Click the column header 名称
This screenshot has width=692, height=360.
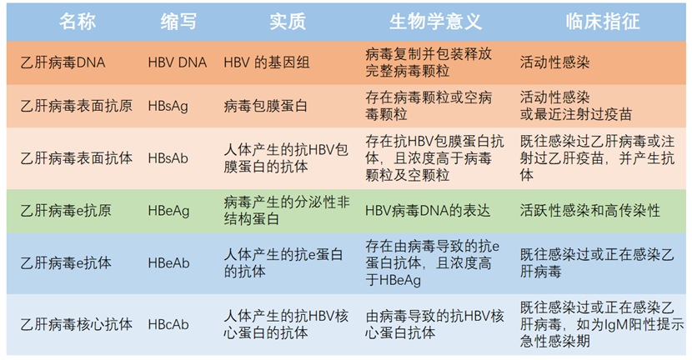(x=78, y=21)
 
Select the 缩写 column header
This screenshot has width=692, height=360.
(x=178, y=21)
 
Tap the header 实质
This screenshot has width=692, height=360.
(x=288, y=21)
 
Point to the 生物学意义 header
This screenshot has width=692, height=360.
(x=435, y=21)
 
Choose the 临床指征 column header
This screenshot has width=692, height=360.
(x=603, y=21)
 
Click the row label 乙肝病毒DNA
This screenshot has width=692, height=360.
(x=63, y=62)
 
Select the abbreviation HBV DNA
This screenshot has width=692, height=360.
(x=178, y=62)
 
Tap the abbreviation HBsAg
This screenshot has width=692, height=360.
(x=168, y=106)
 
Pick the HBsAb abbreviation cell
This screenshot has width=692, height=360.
(x=168, y=158)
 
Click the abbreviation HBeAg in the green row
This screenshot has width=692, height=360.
(x=168, y=211)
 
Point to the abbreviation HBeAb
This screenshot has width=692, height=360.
(x=168, y=263)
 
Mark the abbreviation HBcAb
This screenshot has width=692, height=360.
(x=168, y=325)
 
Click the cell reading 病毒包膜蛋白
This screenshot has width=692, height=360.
(x=266, y=106)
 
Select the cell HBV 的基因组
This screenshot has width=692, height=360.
(x=267, y=62)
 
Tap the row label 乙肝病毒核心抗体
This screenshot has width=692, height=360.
(x=77, y=325)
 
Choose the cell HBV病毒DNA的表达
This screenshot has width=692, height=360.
(x=428, y=211)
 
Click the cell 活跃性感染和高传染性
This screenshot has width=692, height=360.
(x=590, y=211)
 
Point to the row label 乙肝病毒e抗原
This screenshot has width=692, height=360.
(x=66, y=211)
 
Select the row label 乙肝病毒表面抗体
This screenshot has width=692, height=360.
(x=77, y=158)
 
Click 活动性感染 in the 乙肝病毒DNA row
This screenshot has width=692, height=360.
(x=554, y=62)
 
